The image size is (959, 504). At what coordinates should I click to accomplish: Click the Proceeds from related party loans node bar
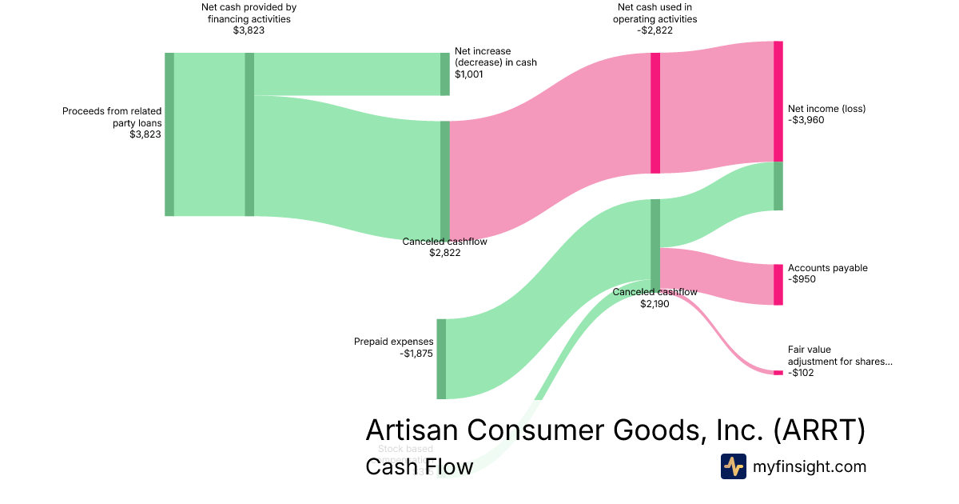169,134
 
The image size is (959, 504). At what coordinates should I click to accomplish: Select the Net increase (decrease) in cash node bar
445,74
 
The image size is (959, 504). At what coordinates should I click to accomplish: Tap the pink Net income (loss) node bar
778,102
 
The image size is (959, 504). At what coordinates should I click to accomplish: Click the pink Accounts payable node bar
778,284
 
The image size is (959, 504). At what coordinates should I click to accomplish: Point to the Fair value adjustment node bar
778,373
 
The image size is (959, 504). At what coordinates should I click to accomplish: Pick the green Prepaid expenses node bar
441,358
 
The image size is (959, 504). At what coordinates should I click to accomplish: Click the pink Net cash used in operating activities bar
655,113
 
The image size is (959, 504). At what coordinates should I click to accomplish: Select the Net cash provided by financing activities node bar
249,134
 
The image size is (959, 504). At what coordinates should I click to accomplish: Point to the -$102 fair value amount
801,372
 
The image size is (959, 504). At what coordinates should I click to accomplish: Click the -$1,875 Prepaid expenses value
416,353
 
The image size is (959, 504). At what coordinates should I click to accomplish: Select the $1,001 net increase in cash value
469,74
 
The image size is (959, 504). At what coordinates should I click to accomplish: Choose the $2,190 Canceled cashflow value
655,303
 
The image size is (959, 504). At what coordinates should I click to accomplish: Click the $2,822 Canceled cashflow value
444,253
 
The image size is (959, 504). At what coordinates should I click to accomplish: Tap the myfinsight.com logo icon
733,466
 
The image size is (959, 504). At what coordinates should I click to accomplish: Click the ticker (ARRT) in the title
819,430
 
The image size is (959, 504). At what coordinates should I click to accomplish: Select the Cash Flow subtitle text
419,466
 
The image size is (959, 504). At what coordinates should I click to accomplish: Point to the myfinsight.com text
810,466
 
